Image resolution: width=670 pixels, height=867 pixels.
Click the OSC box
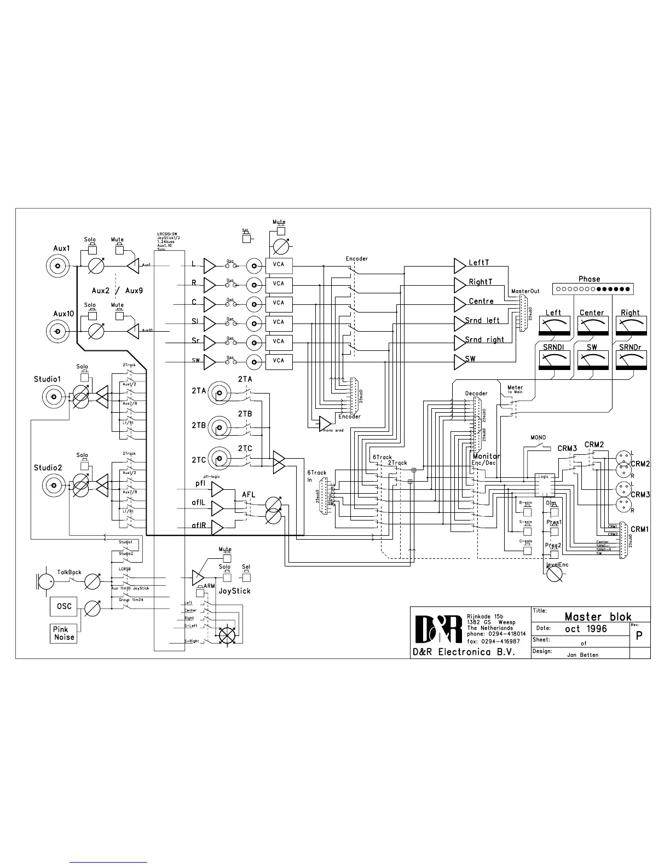click(64, 606)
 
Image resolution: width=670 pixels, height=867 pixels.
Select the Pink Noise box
click(64, 633)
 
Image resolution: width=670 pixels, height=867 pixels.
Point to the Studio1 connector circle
click(54, 396)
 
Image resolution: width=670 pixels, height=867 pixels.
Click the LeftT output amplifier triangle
click(460, 266)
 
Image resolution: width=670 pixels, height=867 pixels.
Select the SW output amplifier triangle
click(460, 361)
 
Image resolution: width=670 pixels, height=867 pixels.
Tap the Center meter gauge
click(592, 326)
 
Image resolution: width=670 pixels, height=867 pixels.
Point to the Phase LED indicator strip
click(593, 288)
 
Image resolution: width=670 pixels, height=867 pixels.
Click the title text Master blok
click(598, 617)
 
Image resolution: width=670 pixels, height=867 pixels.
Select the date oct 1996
click(586, 629)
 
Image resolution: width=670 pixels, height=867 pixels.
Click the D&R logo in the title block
click(437, 629)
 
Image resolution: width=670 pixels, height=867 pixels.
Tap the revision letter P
click(639, 637)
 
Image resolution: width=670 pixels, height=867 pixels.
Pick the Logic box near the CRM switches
click(545, 485)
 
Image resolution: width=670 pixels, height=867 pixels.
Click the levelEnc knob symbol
click(554, 573)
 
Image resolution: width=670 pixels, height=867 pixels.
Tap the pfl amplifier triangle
click(217, 488)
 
